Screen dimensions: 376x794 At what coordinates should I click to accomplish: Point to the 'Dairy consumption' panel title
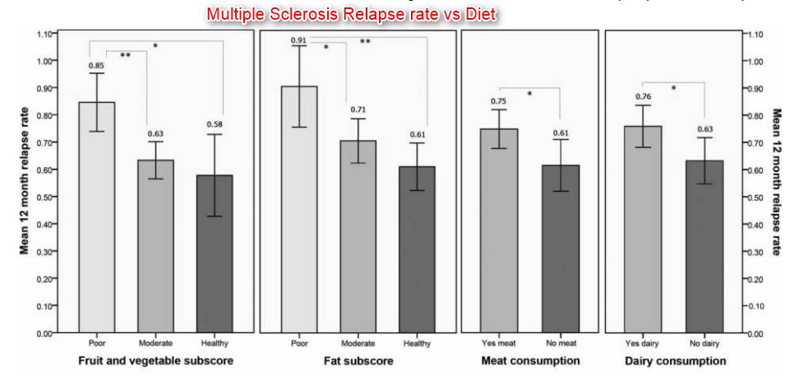(675, 361)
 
